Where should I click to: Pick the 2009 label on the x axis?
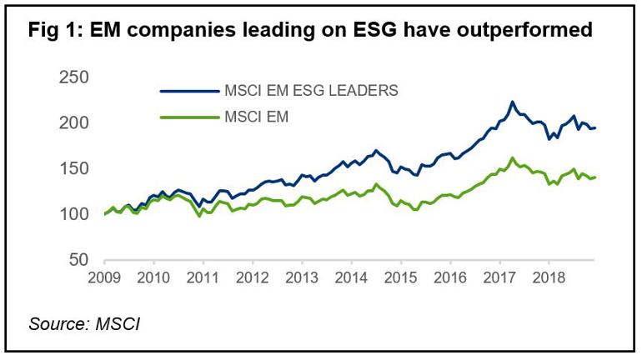pos(105,277)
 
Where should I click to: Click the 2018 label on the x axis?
pos(549,277)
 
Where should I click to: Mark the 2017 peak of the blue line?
pos(512,102)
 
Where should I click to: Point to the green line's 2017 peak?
pos(512,157)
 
